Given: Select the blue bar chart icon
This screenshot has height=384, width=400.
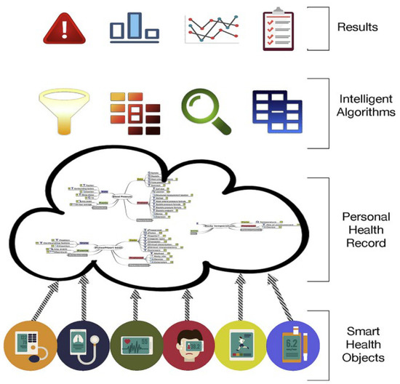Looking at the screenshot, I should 133,26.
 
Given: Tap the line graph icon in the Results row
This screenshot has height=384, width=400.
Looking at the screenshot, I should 207,27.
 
